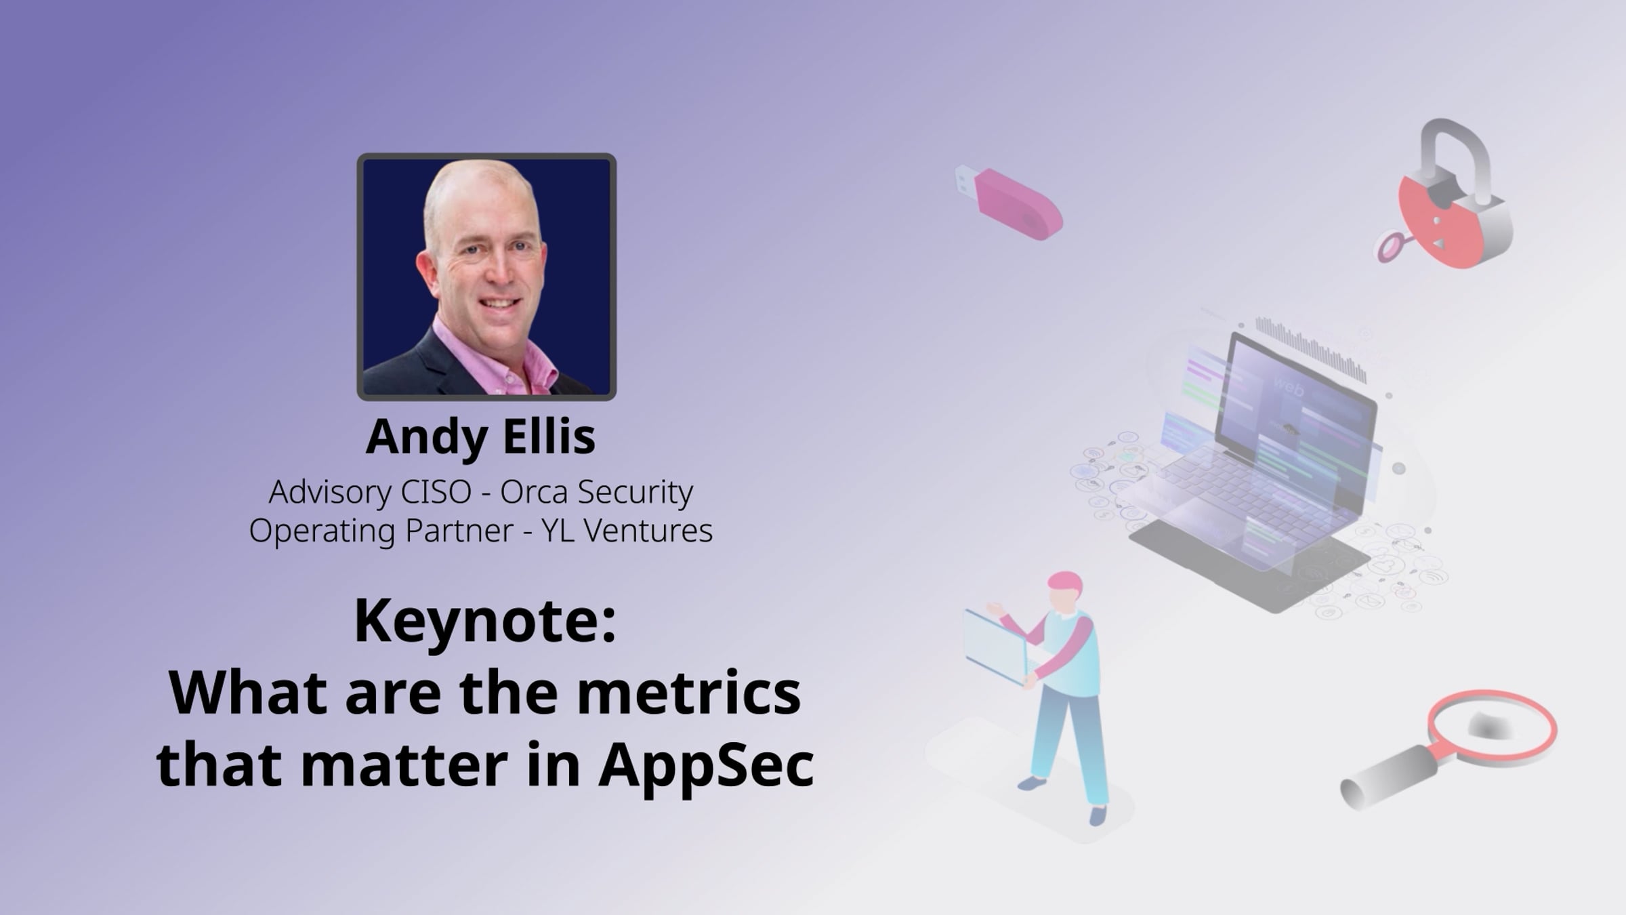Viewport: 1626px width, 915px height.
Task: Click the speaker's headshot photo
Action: [486, 277]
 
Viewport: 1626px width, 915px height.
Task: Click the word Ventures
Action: [648, 530]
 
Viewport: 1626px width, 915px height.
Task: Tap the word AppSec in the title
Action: [706, 767]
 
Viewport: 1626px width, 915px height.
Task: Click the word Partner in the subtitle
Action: [459, 530]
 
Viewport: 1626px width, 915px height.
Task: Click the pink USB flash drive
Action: [1009, 202]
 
